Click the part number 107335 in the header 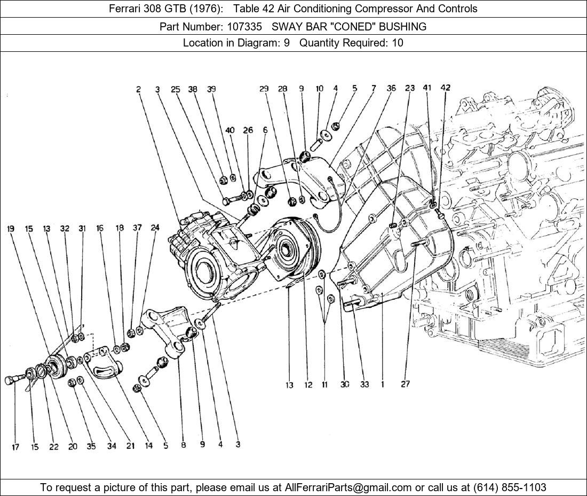[x=244, y=27]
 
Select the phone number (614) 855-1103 [x=510, y=487]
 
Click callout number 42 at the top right [x=445, y=87]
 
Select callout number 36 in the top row [x=391, y=88]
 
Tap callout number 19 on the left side [x=11, y=228]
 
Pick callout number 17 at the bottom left [x=15, y=447]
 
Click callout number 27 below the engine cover [x=405, y=384]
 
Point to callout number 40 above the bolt [x=230, y=130]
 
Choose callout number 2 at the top [x=139, y=89]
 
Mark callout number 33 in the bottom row [x=364, y=384]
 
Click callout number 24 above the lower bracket [x=155, y=228]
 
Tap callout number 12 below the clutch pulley [x=308, y=385]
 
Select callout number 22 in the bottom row [x=54, y=447]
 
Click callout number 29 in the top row [x=264, y=89]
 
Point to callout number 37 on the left [x=137, y=228]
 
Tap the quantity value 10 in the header [x=398, y=43]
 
